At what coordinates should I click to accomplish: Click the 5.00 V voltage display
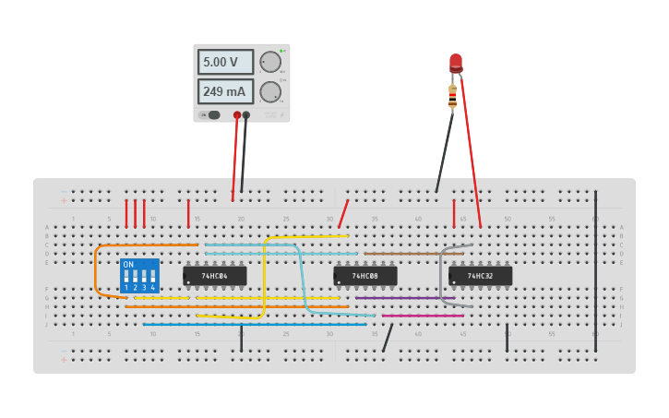[x=225, y=62]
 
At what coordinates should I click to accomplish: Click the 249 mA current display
[x=225, y=91]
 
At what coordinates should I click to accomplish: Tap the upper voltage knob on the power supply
[x=269, y=62]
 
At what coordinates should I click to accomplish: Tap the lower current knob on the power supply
[x=269, y=91]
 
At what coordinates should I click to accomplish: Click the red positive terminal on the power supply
[x=237, y=115]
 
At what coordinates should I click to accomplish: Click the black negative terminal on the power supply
[x=246, y=115]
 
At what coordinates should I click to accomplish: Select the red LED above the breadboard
[x=456, y=63]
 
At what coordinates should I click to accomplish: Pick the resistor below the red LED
[x=452, y=95]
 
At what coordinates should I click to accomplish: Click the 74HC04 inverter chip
[x=215, y=276]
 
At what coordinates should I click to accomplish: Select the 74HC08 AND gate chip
[x=365, y=276]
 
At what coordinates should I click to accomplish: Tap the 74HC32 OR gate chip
[x=480, y=276]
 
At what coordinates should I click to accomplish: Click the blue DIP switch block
[x=139, y=276]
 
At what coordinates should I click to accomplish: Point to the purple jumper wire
[x=397, y=298]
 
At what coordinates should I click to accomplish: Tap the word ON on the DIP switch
[x=128, y=265]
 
